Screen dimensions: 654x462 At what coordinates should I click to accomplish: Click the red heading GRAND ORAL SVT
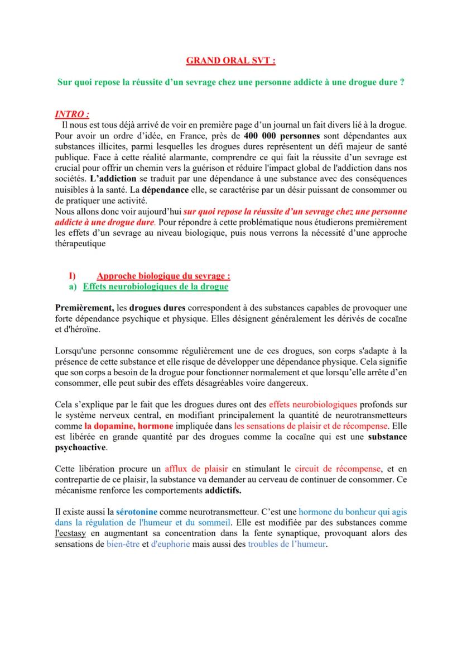point(230,60)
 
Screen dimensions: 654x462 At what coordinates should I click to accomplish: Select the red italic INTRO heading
point(72,114)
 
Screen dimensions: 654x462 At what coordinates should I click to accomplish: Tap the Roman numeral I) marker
point(72,275)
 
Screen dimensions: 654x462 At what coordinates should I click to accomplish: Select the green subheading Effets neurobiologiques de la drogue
point(155,287)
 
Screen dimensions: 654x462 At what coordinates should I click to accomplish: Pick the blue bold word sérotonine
point(136,512)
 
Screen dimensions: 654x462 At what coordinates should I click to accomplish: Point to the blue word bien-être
point(123,544)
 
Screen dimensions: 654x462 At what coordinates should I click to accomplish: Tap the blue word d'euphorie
point(170,544)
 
